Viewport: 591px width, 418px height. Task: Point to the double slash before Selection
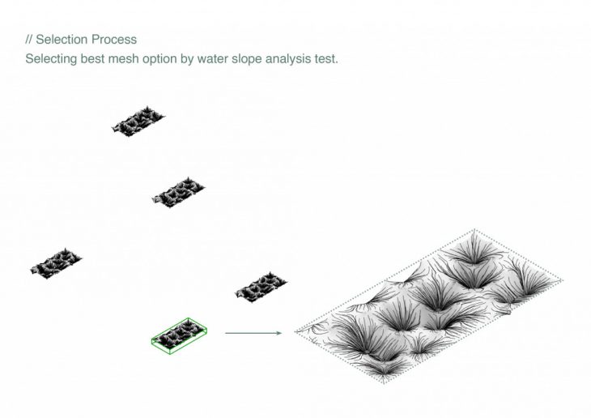(29, 39)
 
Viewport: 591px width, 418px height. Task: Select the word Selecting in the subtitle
(51, 59)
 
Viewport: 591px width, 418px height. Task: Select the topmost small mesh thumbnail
(138, 121)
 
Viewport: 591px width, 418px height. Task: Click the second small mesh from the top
(179, 192)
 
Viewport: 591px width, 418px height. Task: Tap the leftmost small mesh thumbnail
(56, 263)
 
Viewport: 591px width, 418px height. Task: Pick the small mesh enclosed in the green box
(179, 335)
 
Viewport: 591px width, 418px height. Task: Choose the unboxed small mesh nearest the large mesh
(261, 287)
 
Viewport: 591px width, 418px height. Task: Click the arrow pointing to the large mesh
(253, 333)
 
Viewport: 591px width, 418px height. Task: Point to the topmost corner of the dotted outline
(474, 229)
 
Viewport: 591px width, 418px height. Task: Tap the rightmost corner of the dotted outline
(563, 280)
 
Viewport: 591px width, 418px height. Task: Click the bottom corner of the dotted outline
(384, 382)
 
